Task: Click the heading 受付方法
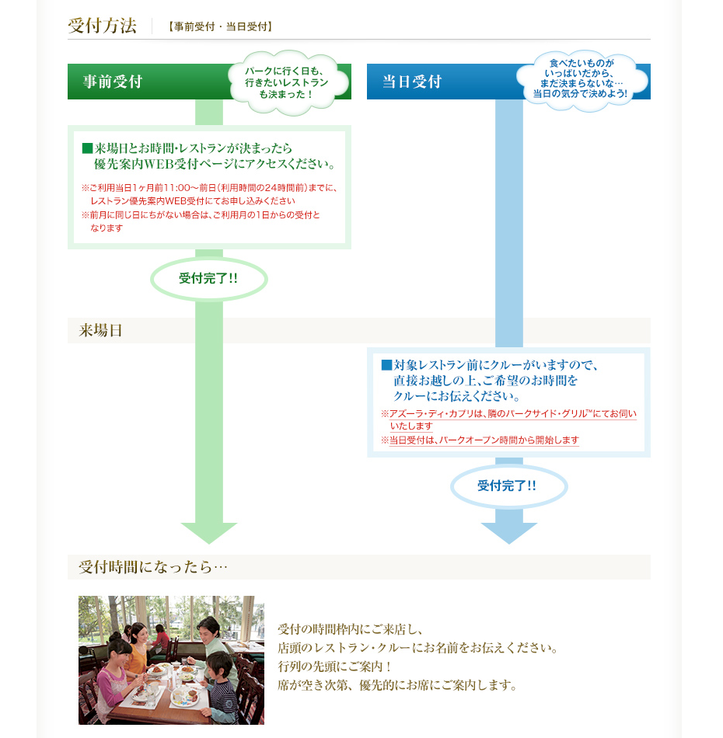click(x=102, y=26)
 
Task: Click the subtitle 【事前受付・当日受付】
click(x=220, y=26)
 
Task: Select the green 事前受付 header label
click(x=113, y=82)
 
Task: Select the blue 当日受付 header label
click(x=412, y=82)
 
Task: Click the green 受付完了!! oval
click(x=208, y=278)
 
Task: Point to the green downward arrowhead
click(x=208, y=532)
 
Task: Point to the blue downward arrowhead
click(x=508, y=532)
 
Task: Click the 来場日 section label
click(x=101, y=330)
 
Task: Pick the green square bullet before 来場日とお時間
click(x=87, y=148)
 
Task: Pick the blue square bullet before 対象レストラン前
click(x=386, y=365)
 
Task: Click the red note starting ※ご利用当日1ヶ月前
click(x=210, y=193)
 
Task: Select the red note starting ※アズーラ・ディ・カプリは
click(x=509, y=420)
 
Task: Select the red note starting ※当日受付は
click(x=480, y=440)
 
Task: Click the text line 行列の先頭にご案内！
click(x=334, y=667)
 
